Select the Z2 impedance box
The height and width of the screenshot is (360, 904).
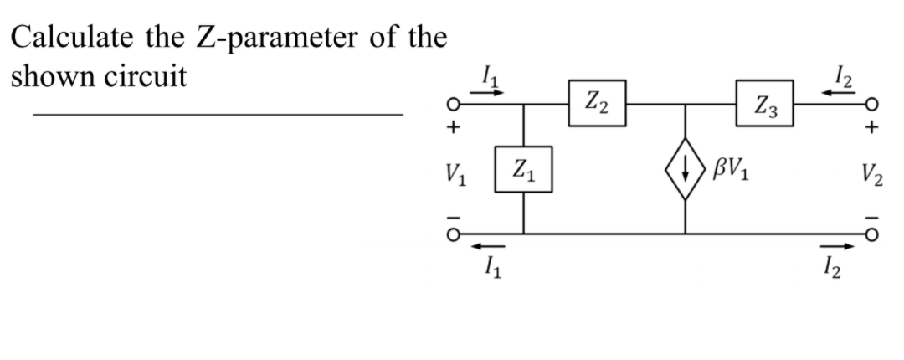pyautogui.click(x=597, y=104)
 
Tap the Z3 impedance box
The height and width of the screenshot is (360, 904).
pyautogui.click(x=764, y=104)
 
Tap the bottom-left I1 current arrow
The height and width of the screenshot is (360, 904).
pyautogui.click(x=485, y=247)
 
